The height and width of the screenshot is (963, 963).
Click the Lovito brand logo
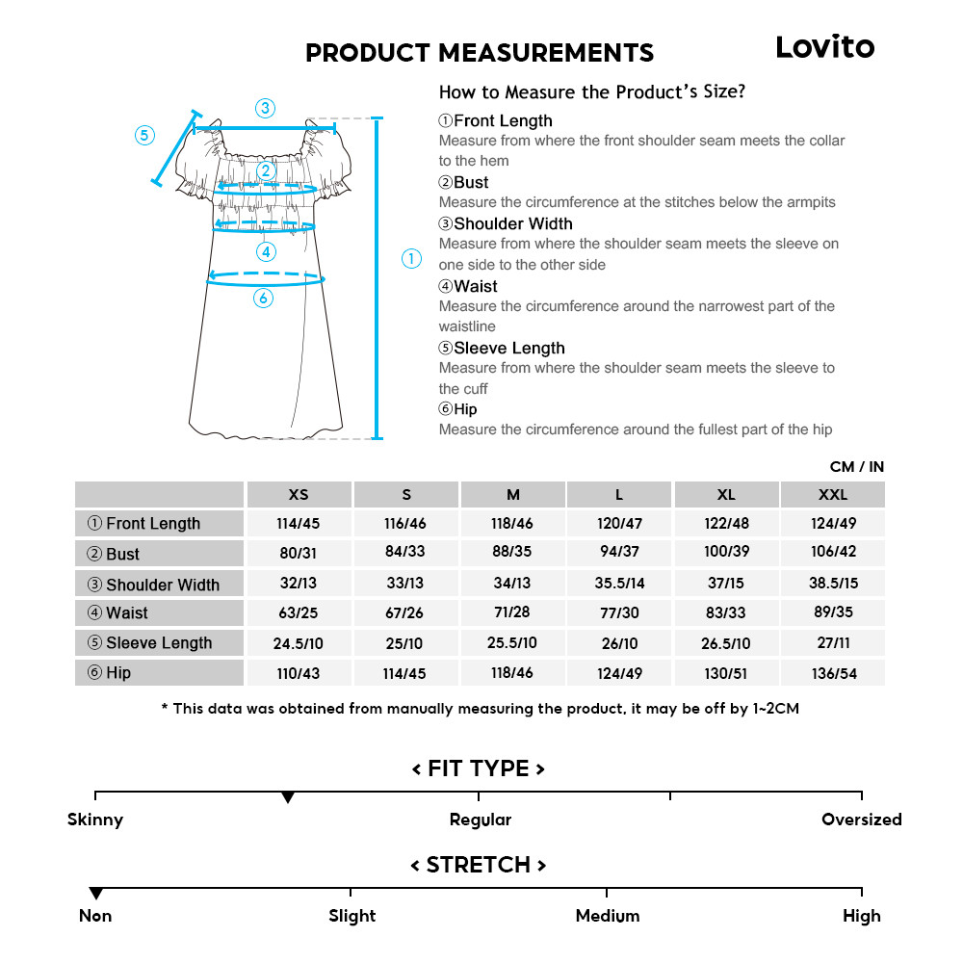point(824,47)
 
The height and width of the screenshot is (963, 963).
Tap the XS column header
point(299,495)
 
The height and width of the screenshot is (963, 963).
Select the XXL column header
point(832,495)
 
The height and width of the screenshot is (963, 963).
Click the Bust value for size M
point(512,554)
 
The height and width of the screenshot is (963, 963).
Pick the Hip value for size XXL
point(832,673)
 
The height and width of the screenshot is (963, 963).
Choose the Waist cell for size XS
point(299,613)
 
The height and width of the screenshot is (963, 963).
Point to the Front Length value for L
point(619,524)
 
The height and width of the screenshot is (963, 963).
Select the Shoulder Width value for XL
point(726,584)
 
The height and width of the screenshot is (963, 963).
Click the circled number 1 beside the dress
point(411,258)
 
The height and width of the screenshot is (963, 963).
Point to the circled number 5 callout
point(144,135)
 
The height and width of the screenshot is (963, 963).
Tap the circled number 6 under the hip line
point(264,299)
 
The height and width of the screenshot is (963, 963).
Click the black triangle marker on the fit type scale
point(287,798)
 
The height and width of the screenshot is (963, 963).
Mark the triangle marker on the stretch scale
point(95,894)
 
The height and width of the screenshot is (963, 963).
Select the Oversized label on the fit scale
point(861,820)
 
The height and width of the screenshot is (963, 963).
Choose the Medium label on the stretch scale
point(607,916)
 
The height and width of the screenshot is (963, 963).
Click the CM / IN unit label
point(856,467)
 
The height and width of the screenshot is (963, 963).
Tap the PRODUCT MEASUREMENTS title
point(479,52)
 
